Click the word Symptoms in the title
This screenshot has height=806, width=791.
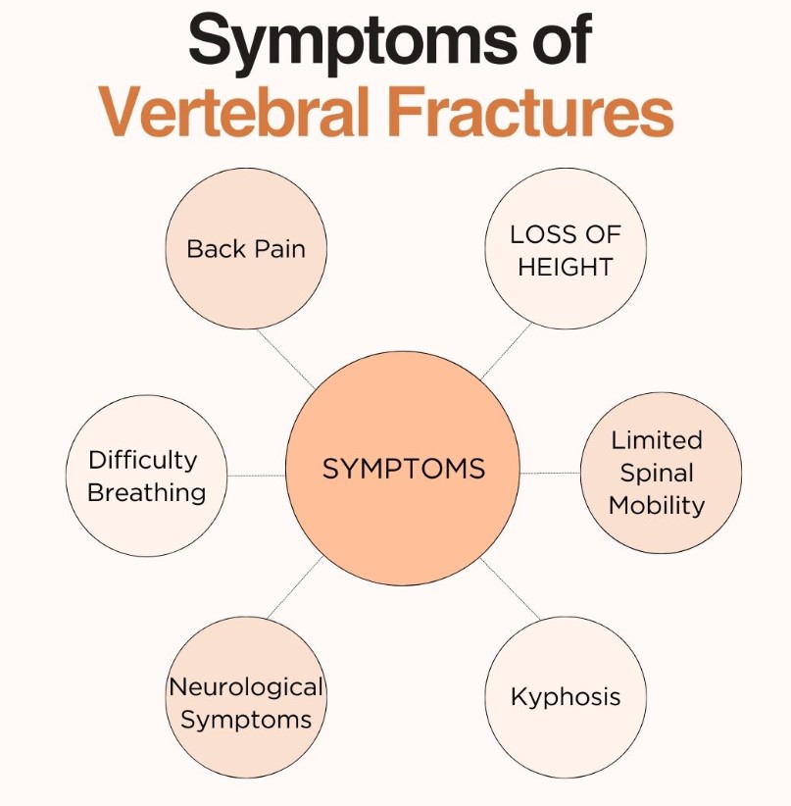point(353,42)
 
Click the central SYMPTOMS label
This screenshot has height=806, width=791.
point(404,469)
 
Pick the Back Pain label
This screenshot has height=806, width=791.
point(246,249)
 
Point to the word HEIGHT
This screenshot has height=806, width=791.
point(566,267)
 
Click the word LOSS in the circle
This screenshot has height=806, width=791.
point(541,235)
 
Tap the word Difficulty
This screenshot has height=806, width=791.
point(142,461)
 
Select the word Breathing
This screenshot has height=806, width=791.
point(146,493)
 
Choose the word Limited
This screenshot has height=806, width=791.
point(657,440)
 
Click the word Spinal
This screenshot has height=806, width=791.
point(657,474)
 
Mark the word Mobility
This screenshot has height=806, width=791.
point(657,505)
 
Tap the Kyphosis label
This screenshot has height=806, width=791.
point(566,697)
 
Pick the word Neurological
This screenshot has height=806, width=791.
point(246,687)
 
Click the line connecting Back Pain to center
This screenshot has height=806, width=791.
point(286,359)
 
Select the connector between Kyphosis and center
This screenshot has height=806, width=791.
point(511,588)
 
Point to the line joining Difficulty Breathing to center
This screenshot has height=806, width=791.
point(256,476)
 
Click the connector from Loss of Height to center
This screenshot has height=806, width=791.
point(507,351)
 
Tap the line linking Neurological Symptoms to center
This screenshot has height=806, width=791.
point(294,587)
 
